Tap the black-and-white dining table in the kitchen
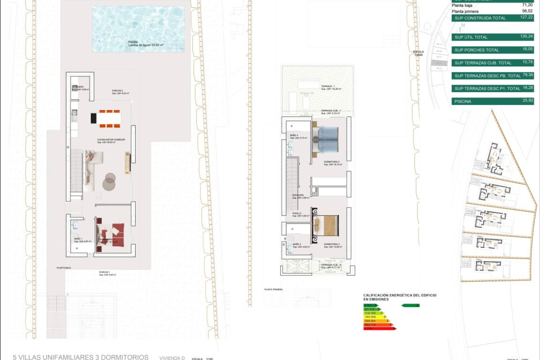point(105,118)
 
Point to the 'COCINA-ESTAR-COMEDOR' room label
point(111,139)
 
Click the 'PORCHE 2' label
point(117,91)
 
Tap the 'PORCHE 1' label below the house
point(104,272)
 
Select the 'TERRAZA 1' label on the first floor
point(328,86)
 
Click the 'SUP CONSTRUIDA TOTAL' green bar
point(492,18)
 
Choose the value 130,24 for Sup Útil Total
point(526,36)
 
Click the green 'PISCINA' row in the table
point(492,101)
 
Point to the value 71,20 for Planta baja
point(527,5)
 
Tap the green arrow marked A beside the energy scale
point(411,305)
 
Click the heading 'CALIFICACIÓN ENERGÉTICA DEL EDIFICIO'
point(400,295)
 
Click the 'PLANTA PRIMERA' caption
point(273,289)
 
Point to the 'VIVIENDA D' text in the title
point(172,358)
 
